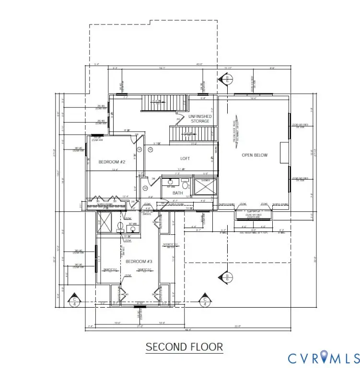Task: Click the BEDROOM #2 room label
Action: click(112, 162)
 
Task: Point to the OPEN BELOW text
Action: click(255, 155)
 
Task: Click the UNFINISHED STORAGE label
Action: click(199, 118)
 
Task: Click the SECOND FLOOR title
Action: click(184, 346)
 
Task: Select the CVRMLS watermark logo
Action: click(323, 357)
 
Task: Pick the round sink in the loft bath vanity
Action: click(170, 182)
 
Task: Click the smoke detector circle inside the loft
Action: click(150, 150)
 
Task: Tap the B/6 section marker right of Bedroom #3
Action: click(224, 278)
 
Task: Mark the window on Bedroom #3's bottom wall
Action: click(140, 303)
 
